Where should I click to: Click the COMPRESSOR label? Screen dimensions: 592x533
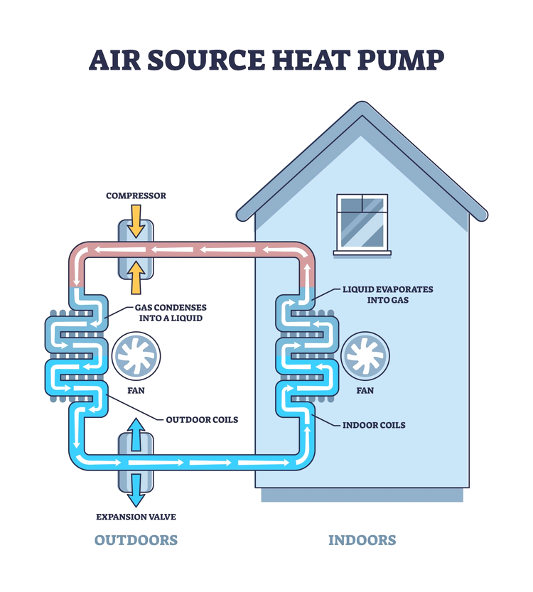(x=136, y=195)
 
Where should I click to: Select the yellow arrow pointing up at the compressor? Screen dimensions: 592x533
(x=136, y=278)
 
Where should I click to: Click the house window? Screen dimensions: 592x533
(x=362, y=222)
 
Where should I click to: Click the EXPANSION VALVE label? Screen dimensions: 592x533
(x=136, y=517)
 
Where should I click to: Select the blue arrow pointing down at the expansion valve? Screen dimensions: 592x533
(x=136, y=488)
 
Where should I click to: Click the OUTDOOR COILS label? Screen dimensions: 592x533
(x=202, y=419)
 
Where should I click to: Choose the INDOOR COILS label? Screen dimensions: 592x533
(x=374, y=425)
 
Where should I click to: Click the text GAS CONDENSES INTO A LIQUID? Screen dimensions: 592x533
(x=171, y=313)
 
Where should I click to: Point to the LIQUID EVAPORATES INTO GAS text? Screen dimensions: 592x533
(x=387, y=295)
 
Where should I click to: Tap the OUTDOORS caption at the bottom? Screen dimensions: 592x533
(x=136, y=540)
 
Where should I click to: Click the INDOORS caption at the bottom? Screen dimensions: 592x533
(x=362, y=540)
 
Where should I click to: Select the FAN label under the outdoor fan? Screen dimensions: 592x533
(x=136, y=391)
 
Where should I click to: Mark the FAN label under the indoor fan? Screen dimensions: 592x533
(x=365, y=391)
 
